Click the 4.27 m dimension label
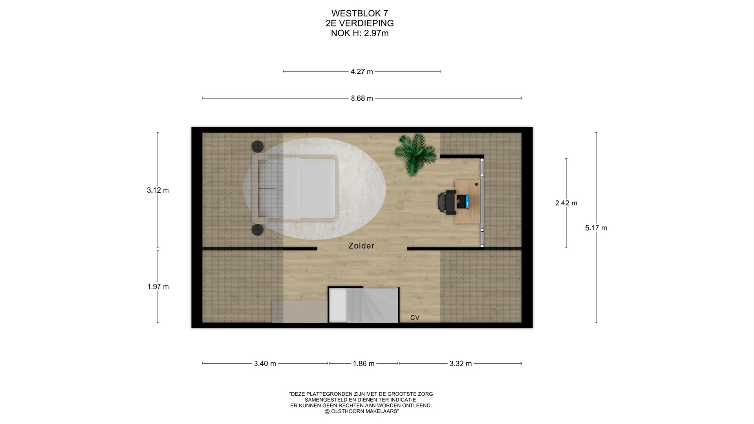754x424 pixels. click(362, 71)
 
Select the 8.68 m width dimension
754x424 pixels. click(362, 99)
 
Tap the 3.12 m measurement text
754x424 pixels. click(158, 190)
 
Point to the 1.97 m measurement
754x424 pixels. click(158, 287)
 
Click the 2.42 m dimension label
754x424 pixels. click(566, 203)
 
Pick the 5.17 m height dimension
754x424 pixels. click(596, 228)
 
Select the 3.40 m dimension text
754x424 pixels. click(265, 364)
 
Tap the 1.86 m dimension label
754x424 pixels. click(364, 364)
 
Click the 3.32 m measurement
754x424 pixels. click(461, 364)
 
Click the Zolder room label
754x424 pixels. click(361, 246)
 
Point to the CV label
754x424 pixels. click(415, 318)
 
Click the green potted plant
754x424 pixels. click(415, 154)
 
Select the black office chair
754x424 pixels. click(446, 203)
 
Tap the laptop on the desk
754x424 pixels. click(463, 201)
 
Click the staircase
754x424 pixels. click(364, 305)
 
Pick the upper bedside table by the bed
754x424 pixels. click(258, 146)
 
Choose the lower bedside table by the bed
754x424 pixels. click(258, 230)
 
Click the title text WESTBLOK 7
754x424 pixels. click(360, 14)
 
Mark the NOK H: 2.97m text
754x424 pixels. click(360, 33)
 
